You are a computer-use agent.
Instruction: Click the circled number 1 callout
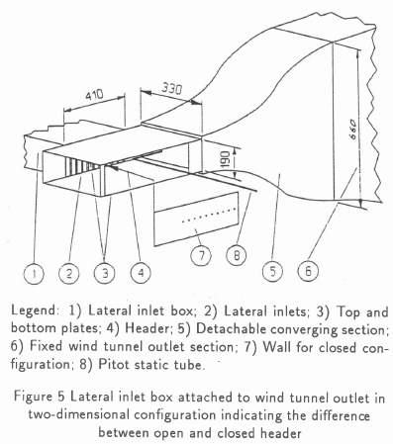(34, 274)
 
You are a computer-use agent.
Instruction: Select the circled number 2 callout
(69, 274)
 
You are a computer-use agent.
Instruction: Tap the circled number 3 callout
(105, 274)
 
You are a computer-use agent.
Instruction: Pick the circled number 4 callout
(141, 274)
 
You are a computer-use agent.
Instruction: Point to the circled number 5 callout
(272, 272)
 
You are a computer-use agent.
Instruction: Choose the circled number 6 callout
(308, 271)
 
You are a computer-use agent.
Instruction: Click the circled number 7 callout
(201, 255)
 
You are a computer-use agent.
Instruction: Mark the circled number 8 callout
(237, 255)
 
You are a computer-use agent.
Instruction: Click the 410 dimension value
(94, 95)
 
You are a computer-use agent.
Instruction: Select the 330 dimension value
(171, 89)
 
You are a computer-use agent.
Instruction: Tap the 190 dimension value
(225, 159)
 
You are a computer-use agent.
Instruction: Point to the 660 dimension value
(351, 129)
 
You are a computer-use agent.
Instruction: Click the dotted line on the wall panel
(209, 215)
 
